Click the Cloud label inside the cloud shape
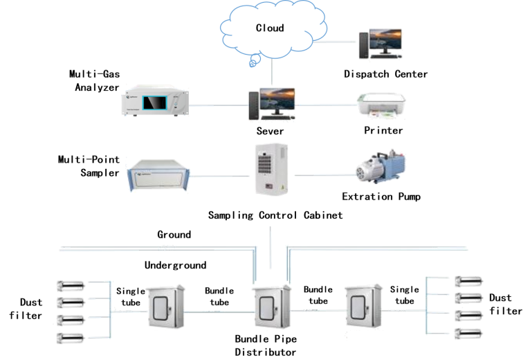point(270,28)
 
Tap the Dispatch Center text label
point(386,73)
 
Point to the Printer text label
point(383,129)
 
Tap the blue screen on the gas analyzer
point(156,102)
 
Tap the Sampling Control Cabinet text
point(275,215)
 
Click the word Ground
point(174,235)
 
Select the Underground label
point(175,264)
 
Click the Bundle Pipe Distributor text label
point(266,345)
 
